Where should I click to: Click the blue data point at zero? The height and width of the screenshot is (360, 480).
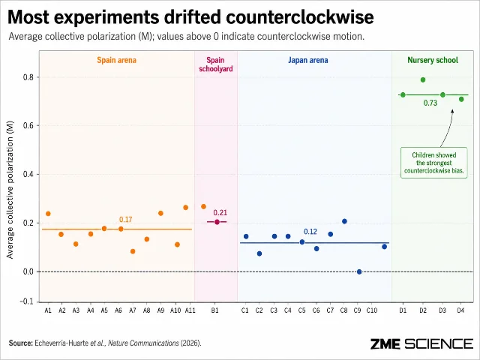pyautogui.click(x=359, y=271)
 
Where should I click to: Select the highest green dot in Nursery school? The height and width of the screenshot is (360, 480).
pyautogui.click(x=423, y=80)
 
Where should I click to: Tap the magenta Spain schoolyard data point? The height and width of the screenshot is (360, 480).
pyautogui.click(x=217, y=222)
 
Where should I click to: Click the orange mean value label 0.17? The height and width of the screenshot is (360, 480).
pyautogui.click(x=125, y=220)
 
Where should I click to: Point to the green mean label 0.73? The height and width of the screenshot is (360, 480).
pyautogui.click(x=430, y=103)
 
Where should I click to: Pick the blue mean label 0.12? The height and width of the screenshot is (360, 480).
pyautogui.click(x=310, y=232)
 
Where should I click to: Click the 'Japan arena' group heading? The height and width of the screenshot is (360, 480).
pyautogui.click(x=308, y=60)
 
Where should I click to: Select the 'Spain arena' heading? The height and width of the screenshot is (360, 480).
pyautogui.click(x=117, y=60)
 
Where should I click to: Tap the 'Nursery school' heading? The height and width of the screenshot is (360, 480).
pyautogui.click(x=433, y=60)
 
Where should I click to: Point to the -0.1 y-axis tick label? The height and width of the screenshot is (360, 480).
pyautogui.click(x=27, y=301)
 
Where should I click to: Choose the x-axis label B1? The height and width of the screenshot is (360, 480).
pyautogui.click(x=215, y=310)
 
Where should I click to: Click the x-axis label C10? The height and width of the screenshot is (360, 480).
pyautogui.click(x=372, y=310)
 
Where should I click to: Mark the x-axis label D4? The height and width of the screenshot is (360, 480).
pyautogui.click(x=460, y=310)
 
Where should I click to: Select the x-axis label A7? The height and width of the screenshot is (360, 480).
pyautogui.click(x=133, y=310)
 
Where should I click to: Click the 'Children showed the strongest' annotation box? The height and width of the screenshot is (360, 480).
pyautogui.click(x=434, y=163)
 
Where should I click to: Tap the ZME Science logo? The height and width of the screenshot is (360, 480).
pyautogui.click(x=421, y=343)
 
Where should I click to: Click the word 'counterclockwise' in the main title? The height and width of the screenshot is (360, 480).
pyautogui.click(x=300, y=17)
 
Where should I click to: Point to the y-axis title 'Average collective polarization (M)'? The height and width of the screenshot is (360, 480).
pyautogui.click(x=10, y=190)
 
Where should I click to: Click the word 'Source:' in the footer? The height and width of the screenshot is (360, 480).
pyautogui.click(x=20, y=343)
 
